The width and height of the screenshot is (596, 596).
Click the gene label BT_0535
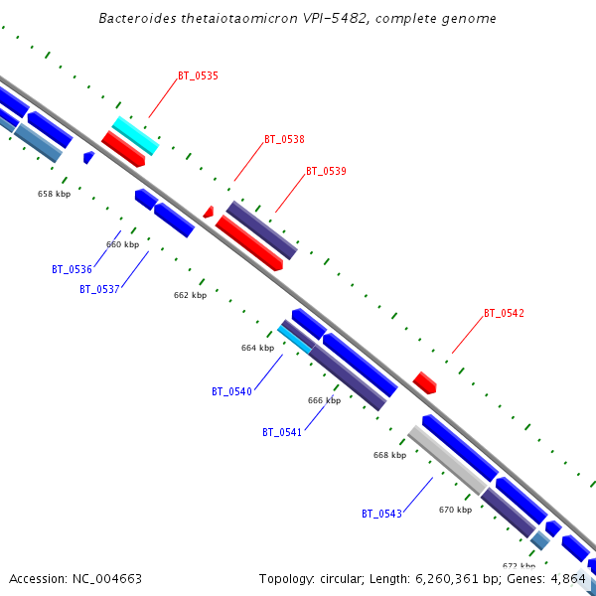(x=198, y=75)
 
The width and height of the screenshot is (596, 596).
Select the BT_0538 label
(x=284, y=140)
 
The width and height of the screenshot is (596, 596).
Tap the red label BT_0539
(x=326, y=171)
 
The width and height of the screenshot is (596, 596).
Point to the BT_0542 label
(x=504, y=313)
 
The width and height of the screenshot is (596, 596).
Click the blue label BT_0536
(x=72, y=269)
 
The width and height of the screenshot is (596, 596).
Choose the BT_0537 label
(x=99, y=289)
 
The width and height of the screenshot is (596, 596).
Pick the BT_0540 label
(x=231, y=391)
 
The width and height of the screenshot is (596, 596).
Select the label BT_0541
(x=282, y=432)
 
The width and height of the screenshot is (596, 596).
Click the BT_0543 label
(x=381, y=514)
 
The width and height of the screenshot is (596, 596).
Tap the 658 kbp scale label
(x=54, y=194)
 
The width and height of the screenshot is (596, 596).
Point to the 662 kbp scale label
(x=190, y=295)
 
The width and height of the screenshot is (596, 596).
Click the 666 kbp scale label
(x=324, y=400)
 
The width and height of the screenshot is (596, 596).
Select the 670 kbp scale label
(x=455, y=510)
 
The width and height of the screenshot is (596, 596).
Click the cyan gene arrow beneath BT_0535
(x=135, y=135)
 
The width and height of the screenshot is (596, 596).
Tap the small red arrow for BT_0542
(x=425, y=382)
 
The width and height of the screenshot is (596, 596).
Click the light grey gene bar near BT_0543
(x=447, y=459)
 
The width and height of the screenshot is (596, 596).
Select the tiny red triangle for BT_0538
(x=209, y=212)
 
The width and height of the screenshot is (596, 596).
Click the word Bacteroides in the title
(x=139, y=19)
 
